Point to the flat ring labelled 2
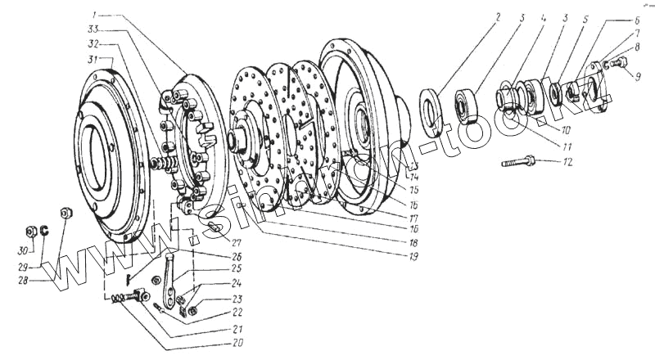[433, 114]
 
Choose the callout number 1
[95, 16]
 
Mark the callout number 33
[95, 30]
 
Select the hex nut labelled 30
[29, 228]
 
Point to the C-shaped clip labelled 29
[47, 230]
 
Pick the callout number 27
[237, 242]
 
